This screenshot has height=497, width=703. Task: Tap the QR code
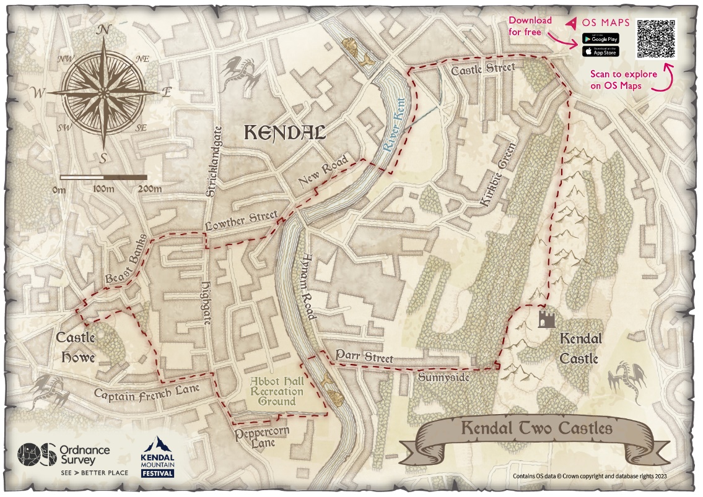point(656,38)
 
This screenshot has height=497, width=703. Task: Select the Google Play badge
point(600,39)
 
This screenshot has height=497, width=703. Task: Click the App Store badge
point(600,51)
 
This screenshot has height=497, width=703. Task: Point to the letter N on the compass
point(105,30)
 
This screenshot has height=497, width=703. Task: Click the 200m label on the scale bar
point(150,189)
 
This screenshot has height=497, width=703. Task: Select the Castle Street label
point(482,69)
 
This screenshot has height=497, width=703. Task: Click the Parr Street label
point(364,357)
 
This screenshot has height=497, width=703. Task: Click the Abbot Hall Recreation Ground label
point(276,392)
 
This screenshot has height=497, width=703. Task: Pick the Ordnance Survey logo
point(72,458)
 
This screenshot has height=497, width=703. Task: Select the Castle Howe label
point(76,347)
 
